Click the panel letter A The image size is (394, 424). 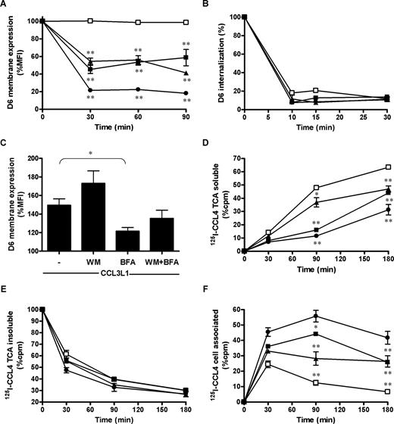pyautogui.click(x=5, y=6)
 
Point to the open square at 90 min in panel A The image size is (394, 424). pyautogui.click(x=185, y=22)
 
